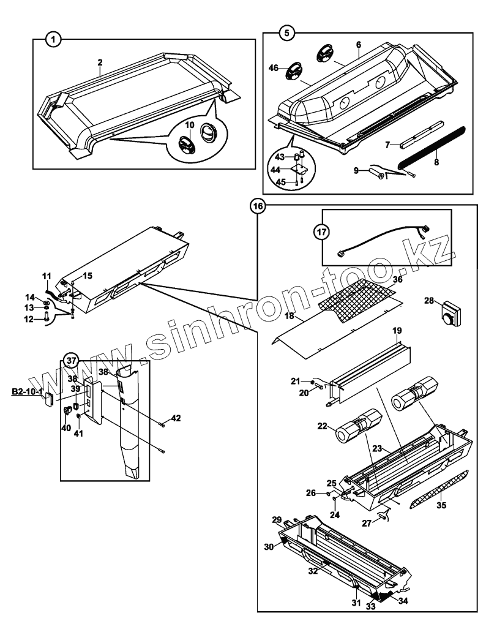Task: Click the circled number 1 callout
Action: (54, 40)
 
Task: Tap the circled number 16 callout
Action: (258, 206)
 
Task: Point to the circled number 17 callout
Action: (322, 232)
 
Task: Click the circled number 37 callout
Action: (72, 359)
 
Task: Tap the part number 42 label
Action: (176, 418)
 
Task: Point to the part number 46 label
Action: (274, 69)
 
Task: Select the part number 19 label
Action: (397, 331)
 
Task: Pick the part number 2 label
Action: (100, 62)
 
